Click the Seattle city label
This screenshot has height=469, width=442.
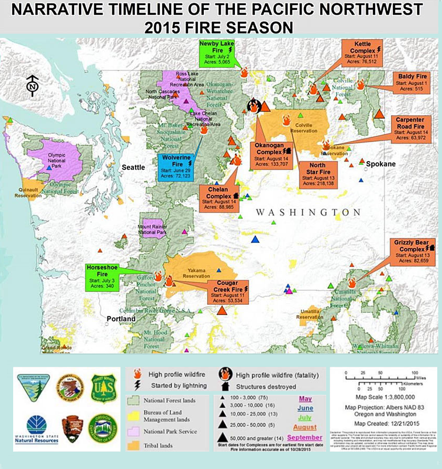click(x=134, y=167)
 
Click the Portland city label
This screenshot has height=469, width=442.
click(x=121, y=319)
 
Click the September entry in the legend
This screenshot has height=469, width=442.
click(x=305, y=437)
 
